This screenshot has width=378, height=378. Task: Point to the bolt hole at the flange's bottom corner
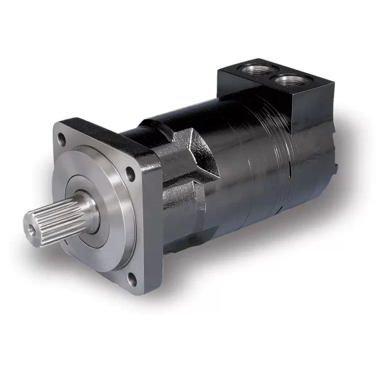pyautogui.click(x=132, y=278)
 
